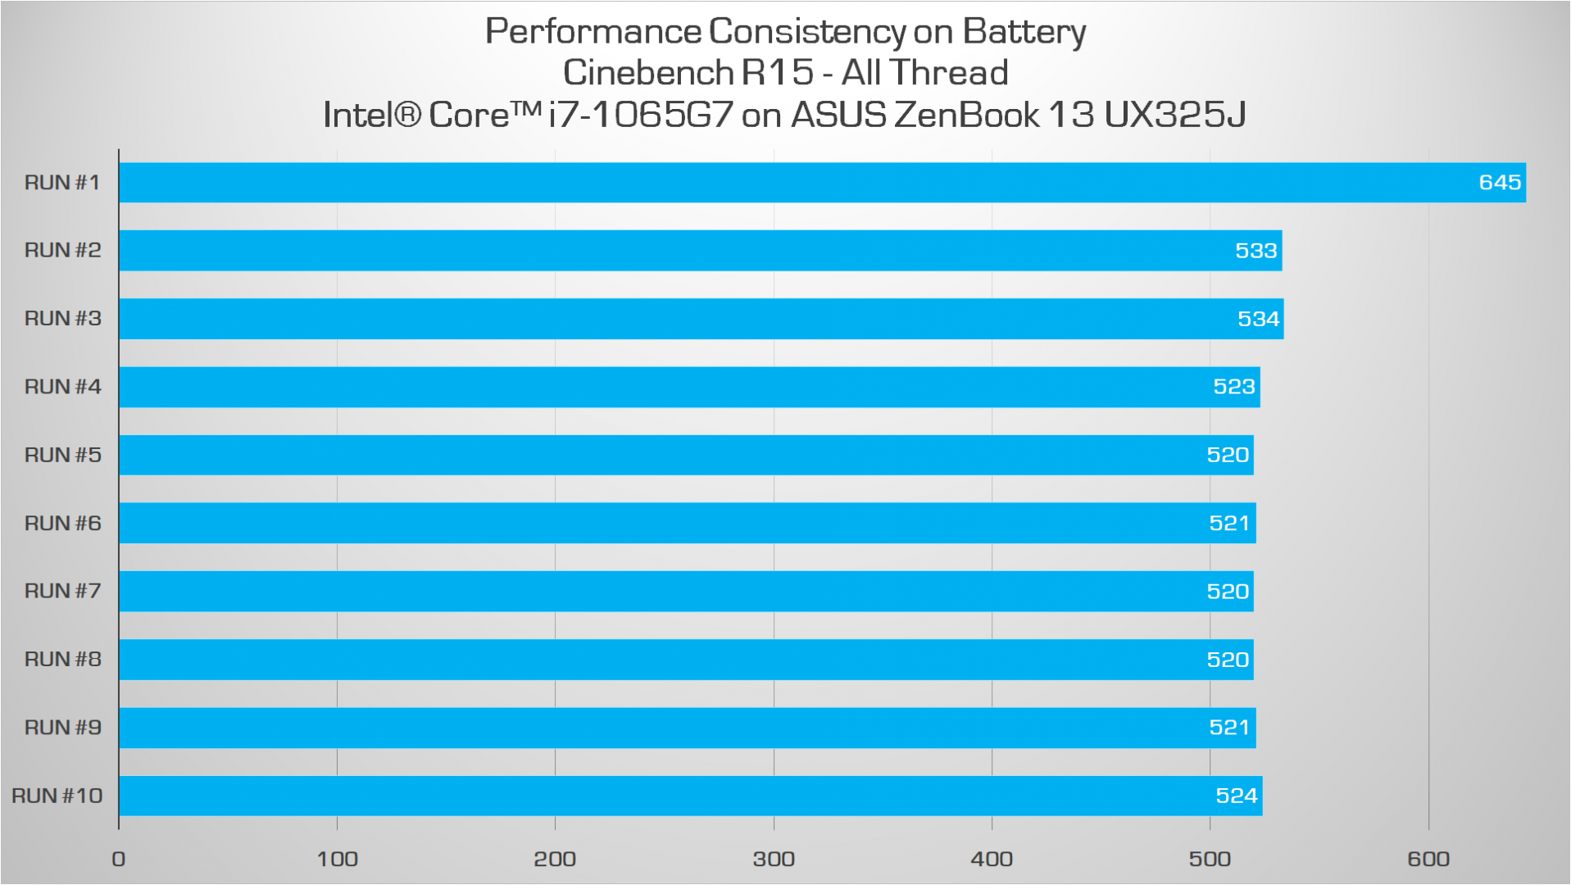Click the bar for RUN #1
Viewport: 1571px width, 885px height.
pyautogui.click(x=820, y=182)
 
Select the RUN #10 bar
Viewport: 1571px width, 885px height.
pyautogui.click(x=688, y=796)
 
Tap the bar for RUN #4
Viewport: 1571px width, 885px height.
pyautogui.click(x=688, y=387)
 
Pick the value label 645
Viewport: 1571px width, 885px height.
pyautogui.click(x=1500, y=182)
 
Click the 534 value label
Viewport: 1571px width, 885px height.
pyautogui.click(x=1258, y=319)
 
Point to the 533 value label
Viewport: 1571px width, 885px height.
pyautogui.click(x=1255, y=251)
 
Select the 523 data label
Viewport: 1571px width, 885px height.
pyautogui.click(x=1233, y=387)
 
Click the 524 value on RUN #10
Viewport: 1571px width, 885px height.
pyautogui.click(x=1236, y=796)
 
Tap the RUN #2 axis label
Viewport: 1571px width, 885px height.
pyautogui.click(x=62, y=250)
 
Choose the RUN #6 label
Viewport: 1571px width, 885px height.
pyautogui.click(x=62, y=523)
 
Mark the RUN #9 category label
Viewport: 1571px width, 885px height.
pyautogui.click(x=62, y=727)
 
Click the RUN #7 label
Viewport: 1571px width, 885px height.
pyautogui.click(x=62, y=591)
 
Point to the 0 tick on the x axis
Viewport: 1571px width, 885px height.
pyautogui.click(x=119, y=859)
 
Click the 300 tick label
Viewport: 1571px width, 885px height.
pyautogui.click(x=774, y=859)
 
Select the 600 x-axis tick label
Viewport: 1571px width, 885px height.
pyautogui.click(x=1428, y=859)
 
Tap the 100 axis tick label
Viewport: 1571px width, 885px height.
pyautogui.click(x=337, y=859)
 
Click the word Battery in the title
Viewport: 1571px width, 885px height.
pyautogui.click(x=1024, y=33)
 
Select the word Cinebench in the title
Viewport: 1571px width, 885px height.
pyautogui.click(x=647, y=73)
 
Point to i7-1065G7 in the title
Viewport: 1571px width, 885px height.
pyautogui.click(x=640, y=115)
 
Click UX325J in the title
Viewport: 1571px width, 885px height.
pyautogui.click(x=1174, y=115)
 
